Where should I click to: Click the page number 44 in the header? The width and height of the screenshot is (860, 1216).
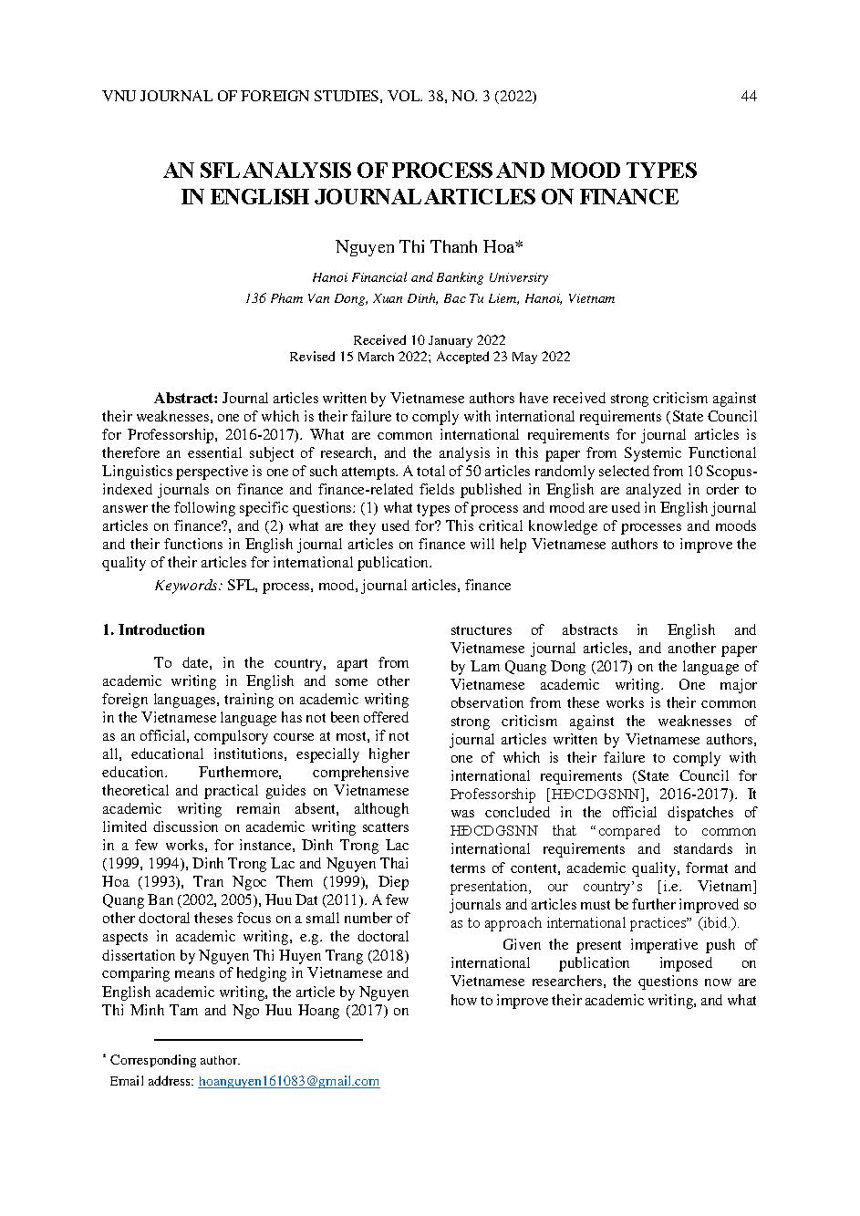749,97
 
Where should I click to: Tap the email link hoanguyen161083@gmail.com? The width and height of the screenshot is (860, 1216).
288,1081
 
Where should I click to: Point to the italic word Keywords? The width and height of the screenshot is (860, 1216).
188,585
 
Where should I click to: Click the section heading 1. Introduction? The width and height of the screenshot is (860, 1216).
153,630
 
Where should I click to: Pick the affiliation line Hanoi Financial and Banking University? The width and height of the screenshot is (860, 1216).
430,277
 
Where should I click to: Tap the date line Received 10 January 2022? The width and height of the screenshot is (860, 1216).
430,339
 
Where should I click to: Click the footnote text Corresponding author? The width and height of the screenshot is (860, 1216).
175,1060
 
